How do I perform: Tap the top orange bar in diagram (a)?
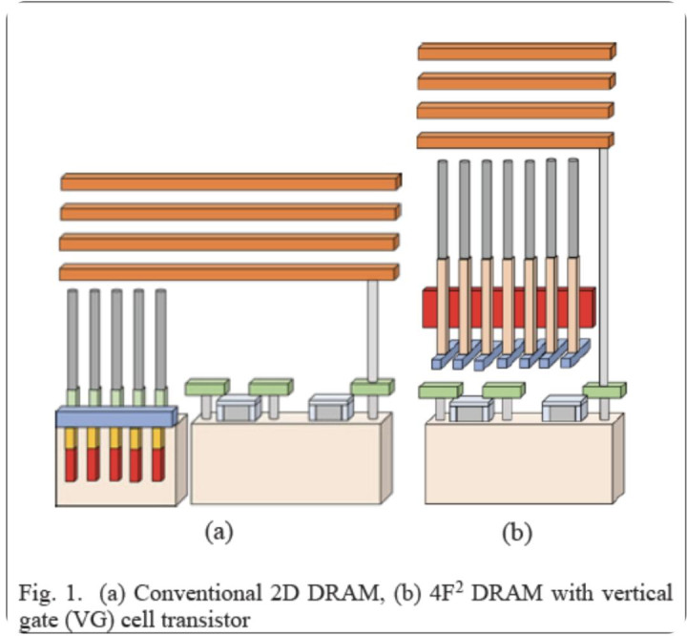pos(230,181)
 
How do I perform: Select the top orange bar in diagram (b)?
pos(516,52)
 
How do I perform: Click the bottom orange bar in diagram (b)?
pos(516,140)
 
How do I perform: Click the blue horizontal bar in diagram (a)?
pos(116,416)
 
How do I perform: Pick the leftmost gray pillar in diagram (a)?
pos(73,339)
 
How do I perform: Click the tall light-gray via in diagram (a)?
pos(372,329)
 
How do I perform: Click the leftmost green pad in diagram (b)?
pos(440,390)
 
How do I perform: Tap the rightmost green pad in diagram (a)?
pos(371,387)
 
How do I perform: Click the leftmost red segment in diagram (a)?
pos(72,464)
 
